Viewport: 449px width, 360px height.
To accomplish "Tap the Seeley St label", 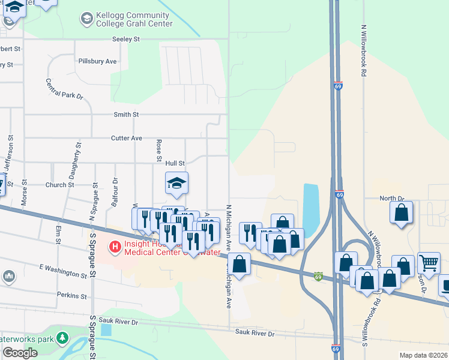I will (x=125, y=39).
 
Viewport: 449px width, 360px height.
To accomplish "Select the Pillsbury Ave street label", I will (x=97, y=61).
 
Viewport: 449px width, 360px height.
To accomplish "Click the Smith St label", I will (x=126, y=114).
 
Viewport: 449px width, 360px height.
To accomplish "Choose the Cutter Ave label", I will (x=127, y=138).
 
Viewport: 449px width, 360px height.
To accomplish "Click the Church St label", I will (x=59, y=185).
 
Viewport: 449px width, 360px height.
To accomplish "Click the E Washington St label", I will (x=63, y=270).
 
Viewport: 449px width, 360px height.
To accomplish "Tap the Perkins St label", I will (x=72, y=295).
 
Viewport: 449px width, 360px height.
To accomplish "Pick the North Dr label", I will (x=393, y=198).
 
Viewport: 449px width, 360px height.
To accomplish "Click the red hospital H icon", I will (x=113, y=246).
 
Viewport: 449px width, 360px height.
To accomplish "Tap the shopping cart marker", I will (x=429, y=262).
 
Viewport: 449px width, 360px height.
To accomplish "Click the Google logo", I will (x=20, y=353).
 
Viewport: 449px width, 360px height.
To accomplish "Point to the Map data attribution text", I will (x=424, y=355).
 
